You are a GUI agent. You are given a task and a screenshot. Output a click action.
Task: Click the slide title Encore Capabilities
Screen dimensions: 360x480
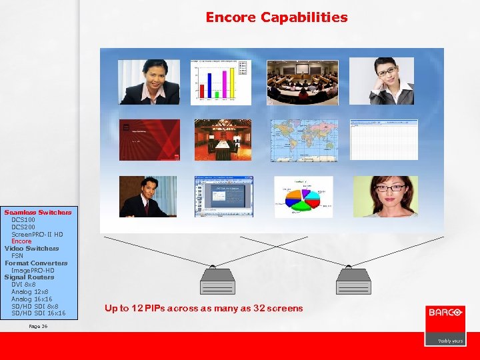(276, 17)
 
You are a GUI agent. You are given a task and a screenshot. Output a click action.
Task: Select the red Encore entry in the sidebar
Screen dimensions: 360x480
(21, 241)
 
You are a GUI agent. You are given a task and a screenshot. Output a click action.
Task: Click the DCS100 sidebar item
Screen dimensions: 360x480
(23, 219)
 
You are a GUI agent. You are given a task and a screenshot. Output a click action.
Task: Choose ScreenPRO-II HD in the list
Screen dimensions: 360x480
(37, 234)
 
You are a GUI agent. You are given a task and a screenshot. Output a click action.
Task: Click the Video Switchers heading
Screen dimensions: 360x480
(31, 249)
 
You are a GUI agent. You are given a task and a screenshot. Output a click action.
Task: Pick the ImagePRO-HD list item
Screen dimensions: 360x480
(33, 270)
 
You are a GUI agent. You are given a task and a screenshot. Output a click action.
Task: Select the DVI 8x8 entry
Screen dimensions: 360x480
(23, 285)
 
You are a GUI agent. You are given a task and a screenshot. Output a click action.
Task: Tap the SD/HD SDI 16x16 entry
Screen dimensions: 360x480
(38, 313)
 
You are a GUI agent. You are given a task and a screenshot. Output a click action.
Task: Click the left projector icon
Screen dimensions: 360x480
(217, 281)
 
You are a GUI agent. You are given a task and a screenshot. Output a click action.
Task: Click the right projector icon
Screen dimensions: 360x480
(353, 281)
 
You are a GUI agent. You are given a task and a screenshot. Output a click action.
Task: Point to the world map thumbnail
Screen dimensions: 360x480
(304, 140)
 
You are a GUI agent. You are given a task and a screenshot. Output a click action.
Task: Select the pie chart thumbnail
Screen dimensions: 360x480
(303, 197)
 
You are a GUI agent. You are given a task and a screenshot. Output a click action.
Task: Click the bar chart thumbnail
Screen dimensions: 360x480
(221, 82)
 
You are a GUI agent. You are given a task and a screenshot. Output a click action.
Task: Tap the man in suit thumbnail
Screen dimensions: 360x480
(148, 197)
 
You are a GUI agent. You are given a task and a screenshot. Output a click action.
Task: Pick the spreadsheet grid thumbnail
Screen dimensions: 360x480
(384, 140)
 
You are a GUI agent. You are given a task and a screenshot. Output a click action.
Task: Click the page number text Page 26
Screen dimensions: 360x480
(39, 327)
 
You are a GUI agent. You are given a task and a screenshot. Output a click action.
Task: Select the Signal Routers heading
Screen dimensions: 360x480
(29, 277)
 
